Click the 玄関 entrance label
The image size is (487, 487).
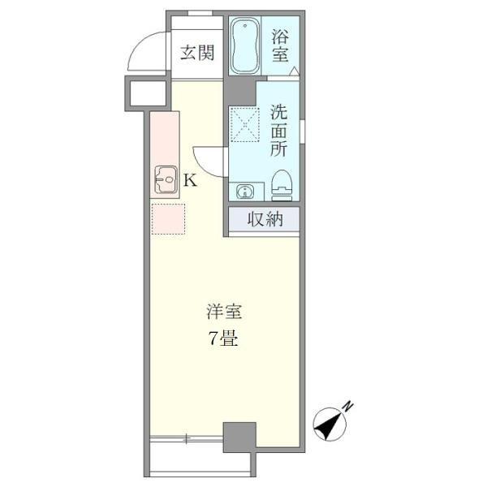click(196, 54)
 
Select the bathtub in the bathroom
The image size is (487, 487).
click(245, 46)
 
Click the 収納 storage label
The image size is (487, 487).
click(265, 219)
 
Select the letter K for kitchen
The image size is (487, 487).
click(189, 180)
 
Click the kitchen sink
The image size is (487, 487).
click(166, 180)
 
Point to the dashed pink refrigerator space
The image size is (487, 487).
click(168, 218)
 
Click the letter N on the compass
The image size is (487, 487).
click(347, 406)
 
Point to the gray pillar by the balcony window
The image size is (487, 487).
click(239, 437)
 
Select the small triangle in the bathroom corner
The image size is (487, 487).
click(294, 71)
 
